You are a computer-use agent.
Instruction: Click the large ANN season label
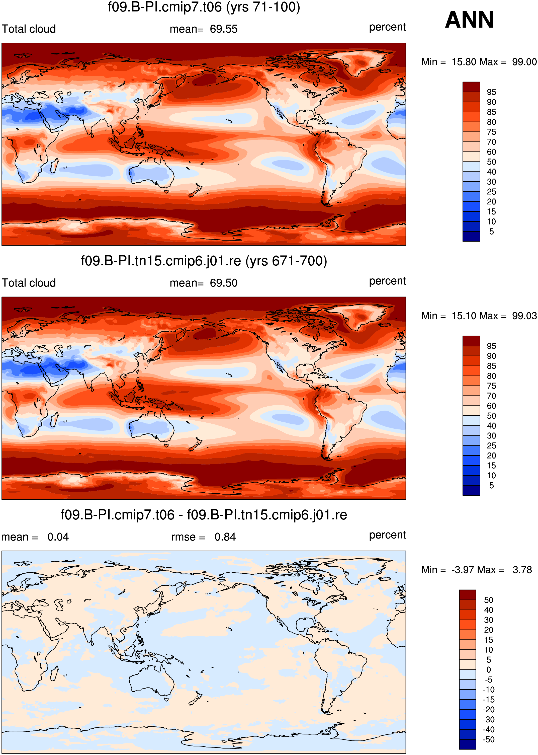point(469,20)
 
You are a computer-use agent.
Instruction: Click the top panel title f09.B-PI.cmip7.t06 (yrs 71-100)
point(204,7)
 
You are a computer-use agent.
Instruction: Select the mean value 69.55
point(224,29)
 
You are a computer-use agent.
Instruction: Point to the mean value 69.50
point(224,283)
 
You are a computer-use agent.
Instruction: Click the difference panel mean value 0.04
point(58,537)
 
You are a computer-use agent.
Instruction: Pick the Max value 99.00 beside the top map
point(524,62)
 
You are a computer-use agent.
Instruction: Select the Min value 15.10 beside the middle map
point(464,316)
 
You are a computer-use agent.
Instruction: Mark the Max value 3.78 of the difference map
point(522,570)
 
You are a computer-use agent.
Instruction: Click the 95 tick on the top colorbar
point(491,92)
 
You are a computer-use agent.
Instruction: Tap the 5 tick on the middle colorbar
point(491,486)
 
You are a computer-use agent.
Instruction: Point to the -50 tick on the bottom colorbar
point(488,739)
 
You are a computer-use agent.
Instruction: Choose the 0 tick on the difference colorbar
point(489,670)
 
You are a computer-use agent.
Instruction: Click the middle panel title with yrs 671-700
point(204,261)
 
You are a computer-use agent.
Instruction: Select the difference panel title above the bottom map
point(204,515)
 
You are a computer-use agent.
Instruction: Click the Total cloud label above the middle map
point(29,283)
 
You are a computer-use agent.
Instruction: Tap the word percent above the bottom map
point(387,535)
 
